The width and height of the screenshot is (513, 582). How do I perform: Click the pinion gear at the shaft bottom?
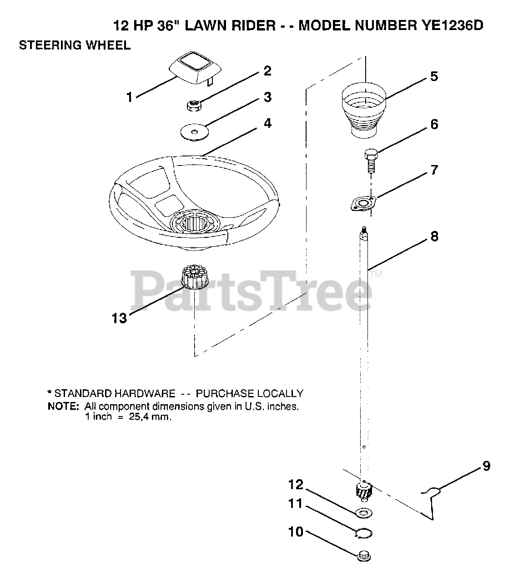pyautogui.click(x=363, y=491)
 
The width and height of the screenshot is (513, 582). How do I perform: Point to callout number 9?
pyautogui.click(x=486, y=467)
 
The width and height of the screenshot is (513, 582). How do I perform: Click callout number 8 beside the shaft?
pyautogui.click(x=434, y=236)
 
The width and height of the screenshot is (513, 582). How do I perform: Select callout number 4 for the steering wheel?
pyautogui.click(x=267, y=123)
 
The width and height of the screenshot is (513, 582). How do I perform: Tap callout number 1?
pyautogui.click(x=130, y=97)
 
